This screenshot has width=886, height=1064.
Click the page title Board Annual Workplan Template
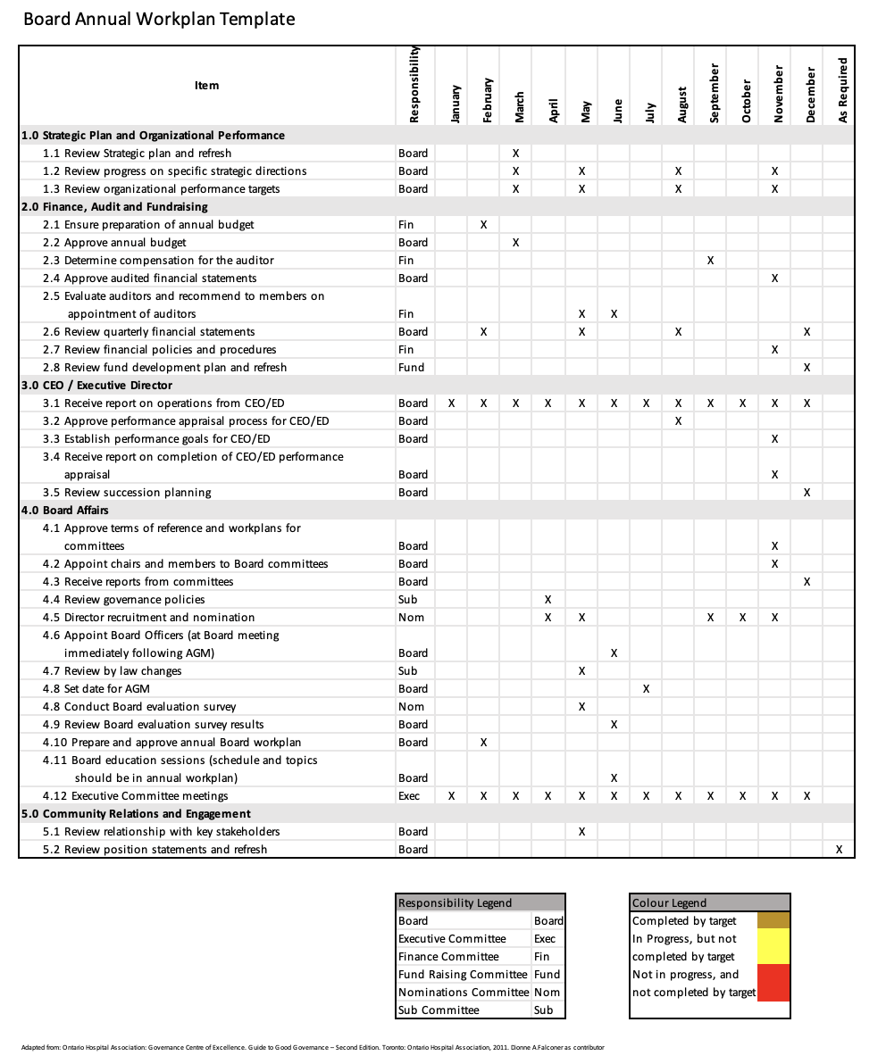(x=159, y=19)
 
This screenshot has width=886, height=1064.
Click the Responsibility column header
(x=414, y=86)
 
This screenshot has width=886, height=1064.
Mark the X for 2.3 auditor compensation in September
(x=710, y=260)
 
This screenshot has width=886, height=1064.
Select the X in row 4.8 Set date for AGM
(x=646, y=688)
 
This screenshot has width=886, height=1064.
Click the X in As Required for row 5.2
(x=839, y=849)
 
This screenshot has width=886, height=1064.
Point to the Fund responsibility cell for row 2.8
(x=411, y=367)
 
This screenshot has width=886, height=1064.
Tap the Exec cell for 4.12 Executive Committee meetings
(x=409, y=795)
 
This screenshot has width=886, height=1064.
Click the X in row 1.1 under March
(x=515, y=153)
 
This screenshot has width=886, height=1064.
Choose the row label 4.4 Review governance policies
(x=124, y=599)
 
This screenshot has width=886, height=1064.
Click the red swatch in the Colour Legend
(x=773, y=983)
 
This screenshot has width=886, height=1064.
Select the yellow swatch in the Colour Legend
(x=773, y=946)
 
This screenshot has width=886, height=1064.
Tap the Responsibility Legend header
(x=455, y=902)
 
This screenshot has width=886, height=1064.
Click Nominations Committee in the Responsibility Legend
(x=463, y=992)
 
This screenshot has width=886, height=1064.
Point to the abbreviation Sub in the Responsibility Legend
(x=543, y=1010)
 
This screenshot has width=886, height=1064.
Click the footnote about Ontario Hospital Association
(x=312, y=1047)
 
